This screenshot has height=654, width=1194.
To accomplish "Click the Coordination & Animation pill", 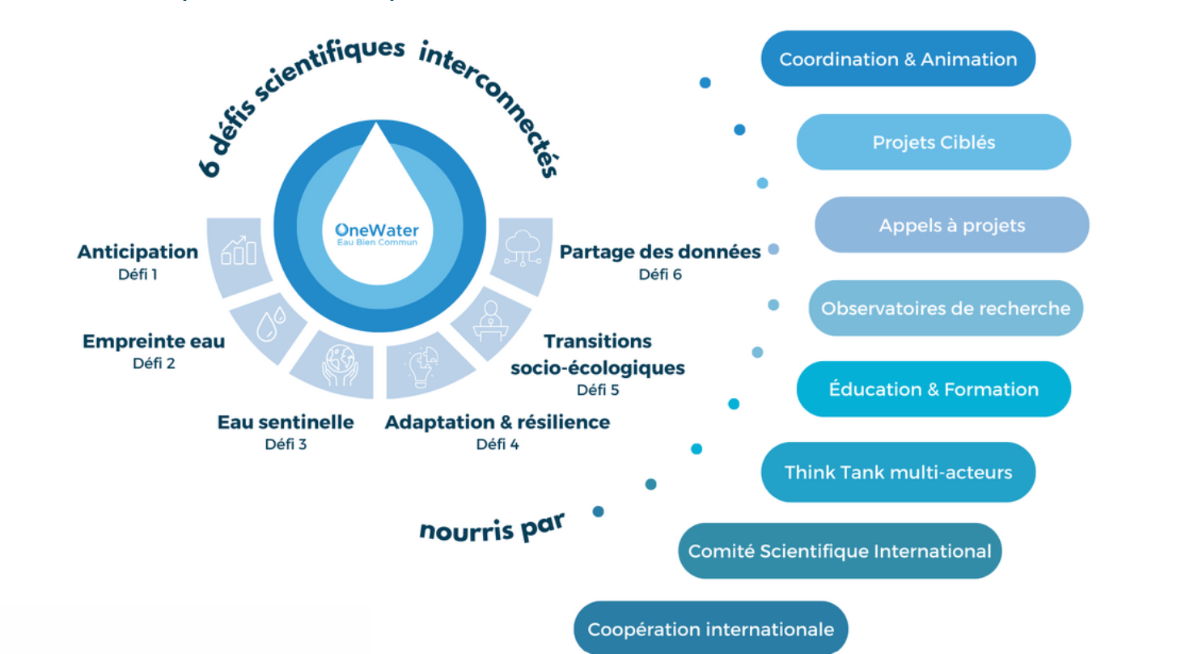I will [898, 59].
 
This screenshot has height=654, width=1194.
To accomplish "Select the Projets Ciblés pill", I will [934, 142].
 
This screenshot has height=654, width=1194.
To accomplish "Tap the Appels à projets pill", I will [951, 225].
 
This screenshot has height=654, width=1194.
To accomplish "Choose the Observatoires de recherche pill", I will [946, 308].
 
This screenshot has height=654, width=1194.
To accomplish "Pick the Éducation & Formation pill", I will [934, 389].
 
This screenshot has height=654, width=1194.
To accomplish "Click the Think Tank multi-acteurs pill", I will [898, 472].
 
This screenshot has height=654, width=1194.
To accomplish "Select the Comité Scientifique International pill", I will [840, 551].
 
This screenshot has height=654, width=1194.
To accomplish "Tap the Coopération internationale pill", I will [710, 629].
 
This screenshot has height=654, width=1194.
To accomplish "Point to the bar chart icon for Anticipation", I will [239, 252].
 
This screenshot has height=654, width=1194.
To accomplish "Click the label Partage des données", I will [660, 253].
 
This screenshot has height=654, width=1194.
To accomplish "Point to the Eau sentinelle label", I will [286, 423].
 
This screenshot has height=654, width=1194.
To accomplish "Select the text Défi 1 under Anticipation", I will [138, 274].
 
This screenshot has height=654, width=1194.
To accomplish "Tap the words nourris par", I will [492, 528].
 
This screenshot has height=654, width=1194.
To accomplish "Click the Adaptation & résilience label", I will [497, 423].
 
